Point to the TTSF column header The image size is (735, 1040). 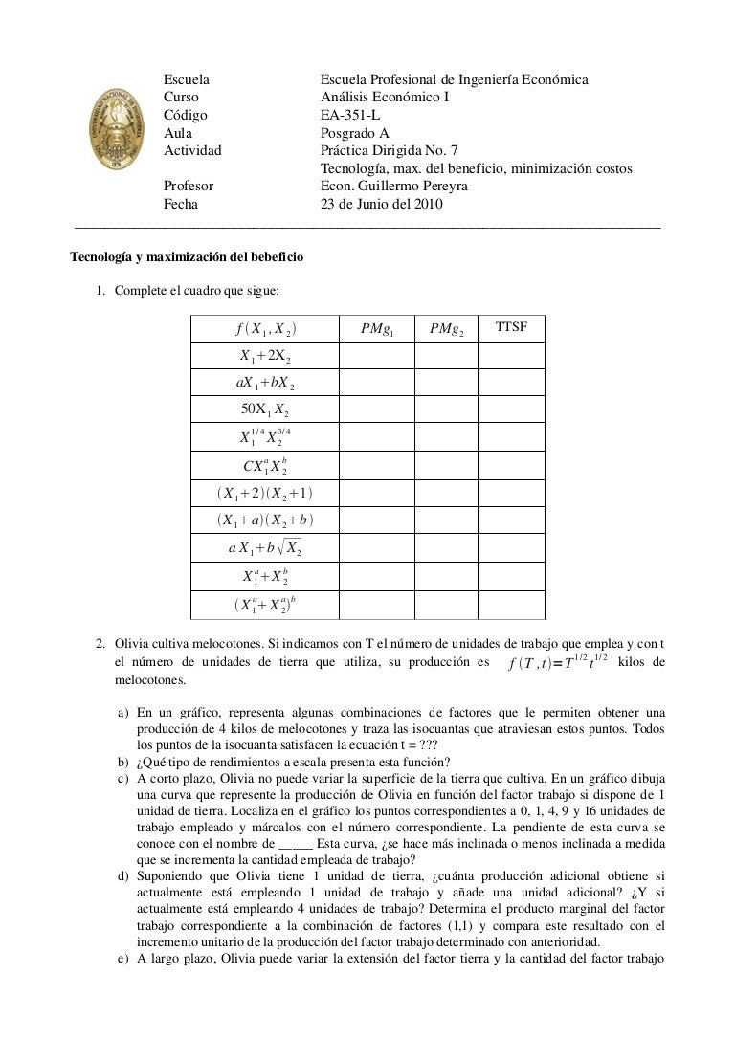pos(511,328)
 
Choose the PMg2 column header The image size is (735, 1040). pos(445,329)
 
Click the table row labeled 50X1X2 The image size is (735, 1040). pos(265,410)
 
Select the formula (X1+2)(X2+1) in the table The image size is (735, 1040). pos(265,494)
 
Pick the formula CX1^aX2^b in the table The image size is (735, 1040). pos(265,466)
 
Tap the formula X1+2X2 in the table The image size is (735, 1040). pos(265,356)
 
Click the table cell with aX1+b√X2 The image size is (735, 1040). pos(265,548)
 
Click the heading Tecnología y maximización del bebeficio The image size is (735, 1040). pos(188,256)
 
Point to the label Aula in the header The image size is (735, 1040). pos(178,133)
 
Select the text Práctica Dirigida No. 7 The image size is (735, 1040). pos(390,151)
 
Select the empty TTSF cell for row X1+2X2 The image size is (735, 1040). pos(511,356)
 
